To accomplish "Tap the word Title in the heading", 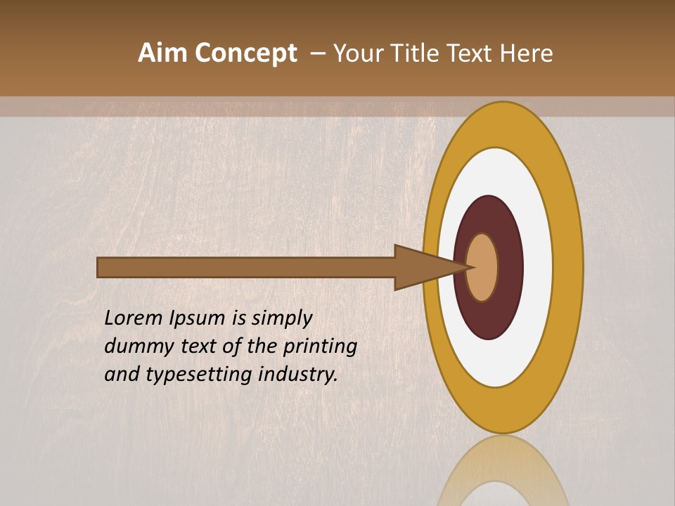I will coord(429,53).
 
